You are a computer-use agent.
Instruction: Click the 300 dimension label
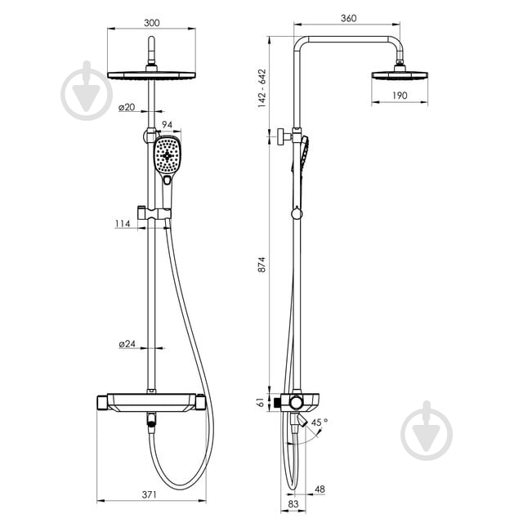(152, 23)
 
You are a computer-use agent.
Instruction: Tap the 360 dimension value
(349, 18)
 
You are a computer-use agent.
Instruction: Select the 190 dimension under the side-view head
(400, 96)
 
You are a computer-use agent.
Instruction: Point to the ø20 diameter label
(127, 107)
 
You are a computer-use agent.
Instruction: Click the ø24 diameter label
(127, 343)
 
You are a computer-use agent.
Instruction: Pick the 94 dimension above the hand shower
(167, 124)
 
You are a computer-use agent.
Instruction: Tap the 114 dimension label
(123, 223)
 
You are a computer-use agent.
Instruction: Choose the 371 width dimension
(149, 494)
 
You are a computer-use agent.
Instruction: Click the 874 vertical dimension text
(261, 265)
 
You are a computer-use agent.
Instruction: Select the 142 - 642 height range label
(262, 88)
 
